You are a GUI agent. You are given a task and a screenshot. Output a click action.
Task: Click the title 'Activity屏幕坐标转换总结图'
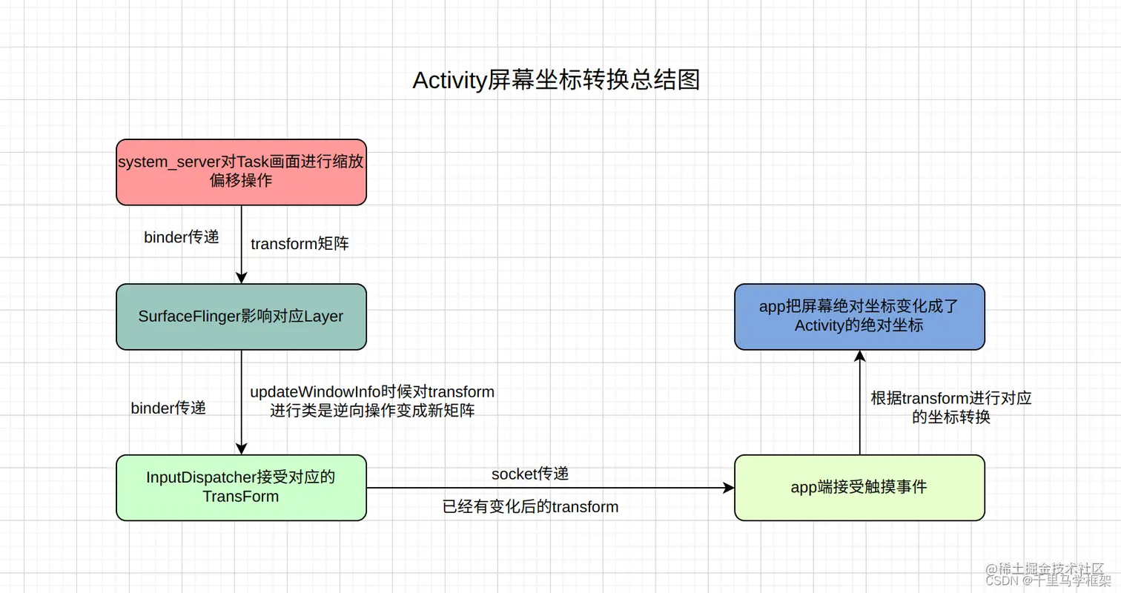point(555,80)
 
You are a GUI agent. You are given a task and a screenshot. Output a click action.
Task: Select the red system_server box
point(241,172)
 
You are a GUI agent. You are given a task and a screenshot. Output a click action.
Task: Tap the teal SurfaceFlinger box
point(241,317)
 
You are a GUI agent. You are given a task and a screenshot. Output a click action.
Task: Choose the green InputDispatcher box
point(241,487)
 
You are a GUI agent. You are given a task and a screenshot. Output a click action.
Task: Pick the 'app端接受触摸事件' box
point(859,487)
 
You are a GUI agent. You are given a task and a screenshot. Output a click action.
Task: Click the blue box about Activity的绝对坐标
point(859,317)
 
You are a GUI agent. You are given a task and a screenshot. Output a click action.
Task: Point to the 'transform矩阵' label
point(300,245)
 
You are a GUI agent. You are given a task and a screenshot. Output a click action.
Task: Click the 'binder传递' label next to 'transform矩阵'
point(182,237)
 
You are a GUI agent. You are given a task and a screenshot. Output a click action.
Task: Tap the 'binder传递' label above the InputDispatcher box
point(168,408)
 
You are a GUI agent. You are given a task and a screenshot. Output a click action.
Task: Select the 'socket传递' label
point(530,473)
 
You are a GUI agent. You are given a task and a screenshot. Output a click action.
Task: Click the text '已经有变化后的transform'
point(530,507)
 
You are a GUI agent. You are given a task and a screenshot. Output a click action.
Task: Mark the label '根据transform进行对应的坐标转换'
point(951,408)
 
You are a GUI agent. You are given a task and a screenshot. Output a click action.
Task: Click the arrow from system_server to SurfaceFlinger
point(241,245)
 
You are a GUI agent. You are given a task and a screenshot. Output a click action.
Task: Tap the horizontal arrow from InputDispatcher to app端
point(549,488)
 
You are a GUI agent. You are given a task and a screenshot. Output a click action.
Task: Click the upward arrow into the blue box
point(859,404)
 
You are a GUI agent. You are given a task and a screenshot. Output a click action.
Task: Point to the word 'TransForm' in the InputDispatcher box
point(240,497)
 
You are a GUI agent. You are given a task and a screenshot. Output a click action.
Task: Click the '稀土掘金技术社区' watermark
point(1054,568)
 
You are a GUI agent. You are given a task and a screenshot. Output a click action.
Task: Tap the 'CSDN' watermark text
point(1002,581)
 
